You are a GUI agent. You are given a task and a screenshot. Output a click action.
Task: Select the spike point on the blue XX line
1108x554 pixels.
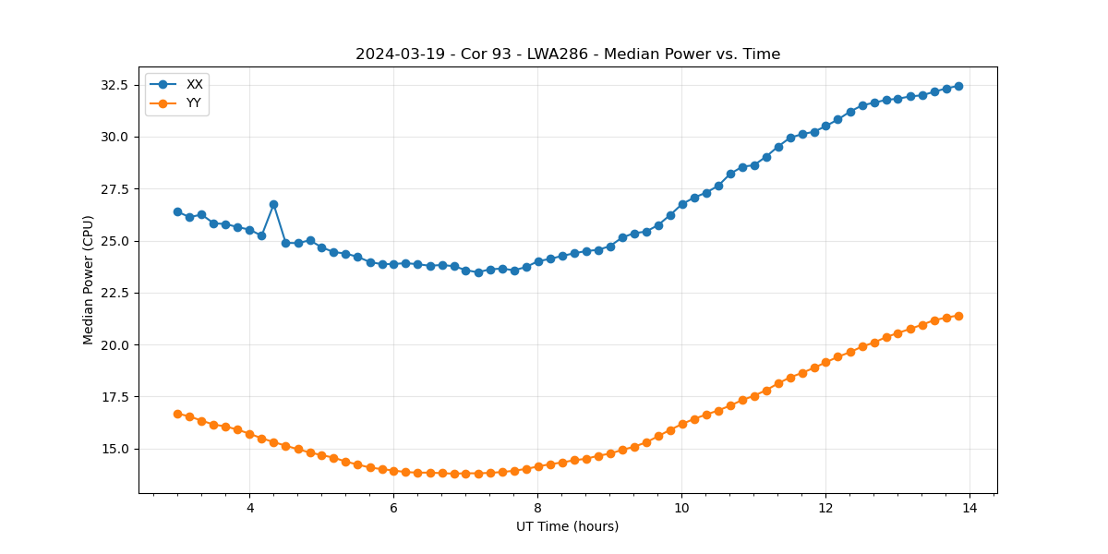click(273, 204)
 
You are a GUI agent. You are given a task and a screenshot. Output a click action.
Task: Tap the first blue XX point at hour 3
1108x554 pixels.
click(177, 211)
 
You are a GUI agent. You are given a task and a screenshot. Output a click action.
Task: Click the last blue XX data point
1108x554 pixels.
click(958, 86)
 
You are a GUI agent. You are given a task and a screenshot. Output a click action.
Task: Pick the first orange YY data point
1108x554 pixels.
click(177, 414)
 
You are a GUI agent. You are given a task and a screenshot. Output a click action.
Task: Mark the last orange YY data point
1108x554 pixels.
click(958, 316)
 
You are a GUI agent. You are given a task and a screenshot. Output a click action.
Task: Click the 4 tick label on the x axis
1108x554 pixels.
click(249, 508)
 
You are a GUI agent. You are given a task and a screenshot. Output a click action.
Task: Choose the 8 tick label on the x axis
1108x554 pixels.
click(537, 508)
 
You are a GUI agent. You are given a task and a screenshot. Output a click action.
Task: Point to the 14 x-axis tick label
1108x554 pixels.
click(969, 508)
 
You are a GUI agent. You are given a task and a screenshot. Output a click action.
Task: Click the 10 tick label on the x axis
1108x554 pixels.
click(681, 508)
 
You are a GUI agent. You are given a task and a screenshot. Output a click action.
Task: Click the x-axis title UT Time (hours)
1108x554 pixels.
click(567, 526)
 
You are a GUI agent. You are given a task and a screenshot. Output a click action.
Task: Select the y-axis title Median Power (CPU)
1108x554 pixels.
click(89, 280)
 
